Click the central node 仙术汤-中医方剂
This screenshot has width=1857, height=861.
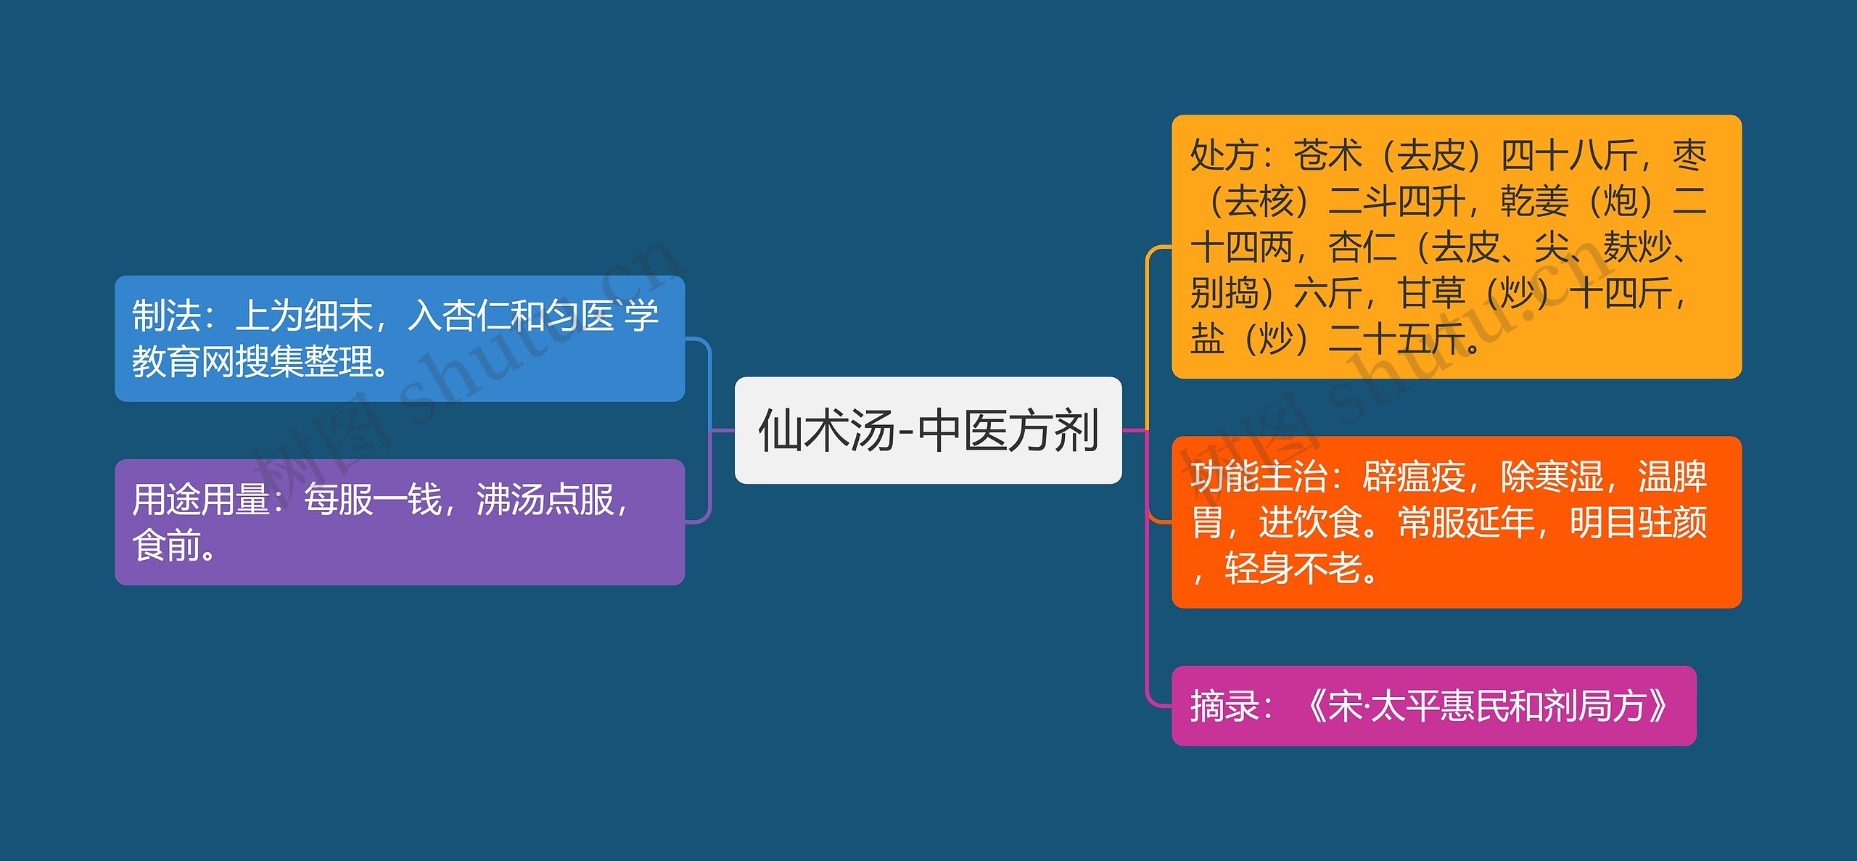tap(928, 430)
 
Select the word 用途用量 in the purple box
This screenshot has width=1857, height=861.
tap(200, 500)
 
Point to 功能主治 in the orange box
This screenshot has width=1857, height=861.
tap(1259, 477)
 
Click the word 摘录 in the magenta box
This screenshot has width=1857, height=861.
tap(1224, 706)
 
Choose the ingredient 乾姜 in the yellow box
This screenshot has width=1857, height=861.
tap(1534, 202)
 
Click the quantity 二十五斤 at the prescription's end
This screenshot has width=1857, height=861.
tap(1396, 339)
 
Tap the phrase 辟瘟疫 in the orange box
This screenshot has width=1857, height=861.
tap(1414, 477)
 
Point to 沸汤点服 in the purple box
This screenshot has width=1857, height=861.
tap(545, 500)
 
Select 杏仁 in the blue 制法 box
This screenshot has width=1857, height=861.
tap(475, 316)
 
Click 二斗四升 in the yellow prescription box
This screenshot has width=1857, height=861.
tap(1396, 202)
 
